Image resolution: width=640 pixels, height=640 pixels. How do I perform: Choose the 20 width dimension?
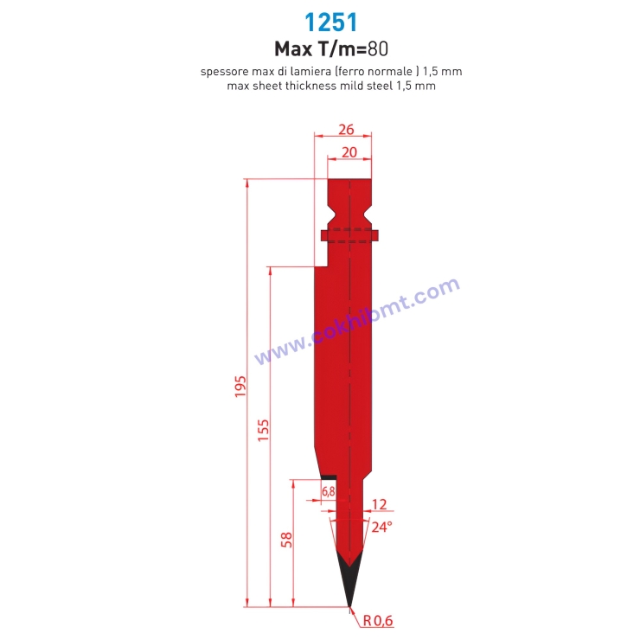point(349,151)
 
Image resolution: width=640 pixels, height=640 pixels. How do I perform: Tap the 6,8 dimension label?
point(329,491)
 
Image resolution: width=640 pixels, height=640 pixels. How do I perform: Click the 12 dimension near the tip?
point(379,504)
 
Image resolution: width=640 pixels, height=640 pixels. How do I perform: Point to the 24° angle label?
point(381,526)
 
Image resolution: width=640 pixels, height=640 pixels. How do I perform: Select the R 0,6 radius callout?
point(379,620)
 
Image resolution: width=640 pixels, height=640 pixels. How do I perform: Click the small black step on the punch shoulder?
point(329,476)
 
